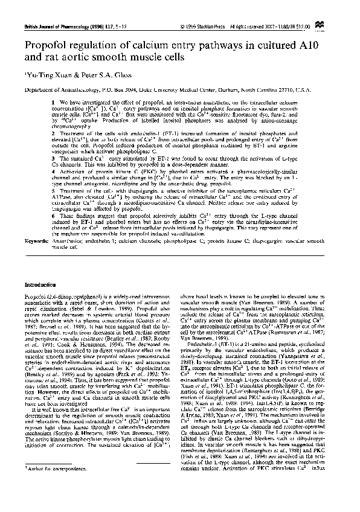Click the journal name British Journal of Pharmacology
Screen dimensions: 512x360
point(46,26)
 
